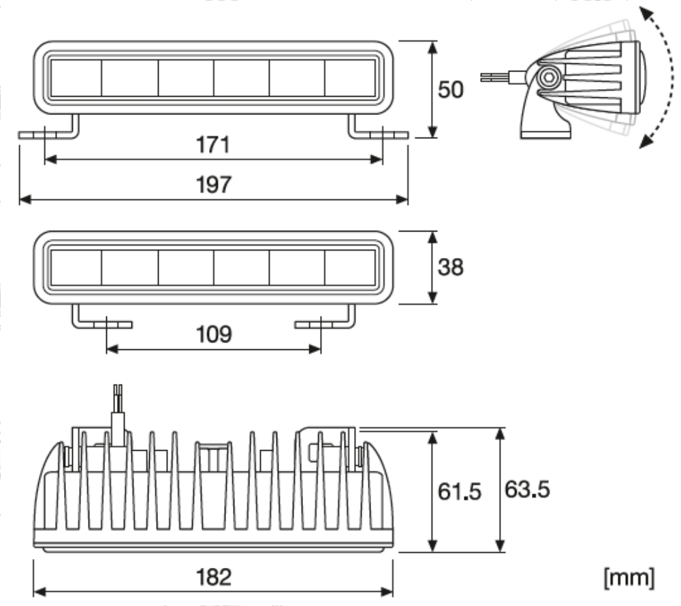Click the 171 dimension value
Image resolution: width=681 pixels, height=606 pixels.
click(212, 145)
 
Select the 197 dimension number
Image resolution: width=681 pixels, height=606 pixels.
click(212, 185)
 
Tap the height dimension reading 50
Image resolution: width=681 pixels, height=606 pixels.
click(450, 90)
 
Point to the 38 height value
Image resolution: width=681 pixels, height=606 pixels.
click(450, 267)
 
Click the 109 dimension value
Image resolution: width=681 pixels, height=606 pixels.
click(212, 334)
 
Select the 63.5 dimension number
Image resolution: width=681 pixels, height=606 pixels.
click(527, 490)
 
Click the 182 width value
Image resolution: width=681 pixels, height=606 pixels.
click(212, 577)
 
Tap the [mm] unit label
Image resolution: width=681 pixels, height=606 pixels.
click(630, 577)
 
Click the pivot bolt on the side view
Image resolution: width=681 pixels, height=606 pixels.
click(547, 77)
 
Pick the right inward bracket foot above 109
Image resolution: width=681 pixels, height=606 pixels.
click(324, 322)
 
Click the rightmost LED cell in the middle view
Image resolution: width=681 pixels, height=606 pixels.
click(351, 268)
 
